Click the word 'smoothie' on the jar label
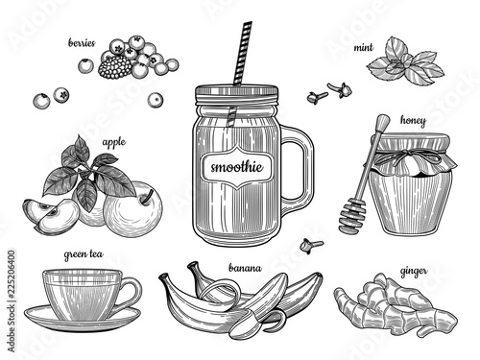click(237, 167)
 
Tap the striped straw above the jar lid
click(243, 54)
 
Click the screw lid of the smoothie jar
click(237, 95)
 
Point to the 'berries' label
click(82, 43)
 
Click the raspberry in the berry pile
click(114, 67)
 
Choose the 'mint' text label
click(363, 48)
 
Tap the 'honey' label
click(413, 121)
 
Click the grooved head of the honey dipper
click(351, 216)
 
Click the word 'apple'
click(113, 142)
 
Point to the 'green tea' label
click(84, 254)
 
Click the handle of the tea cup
click(132, 294)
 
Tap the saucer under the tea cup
click(83, 319)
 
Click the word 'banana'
click(245, 268)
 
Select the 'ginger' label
click(414, 272)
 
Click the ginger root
click(396, 306)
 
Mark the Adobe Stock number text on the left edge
click(11, 300)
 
